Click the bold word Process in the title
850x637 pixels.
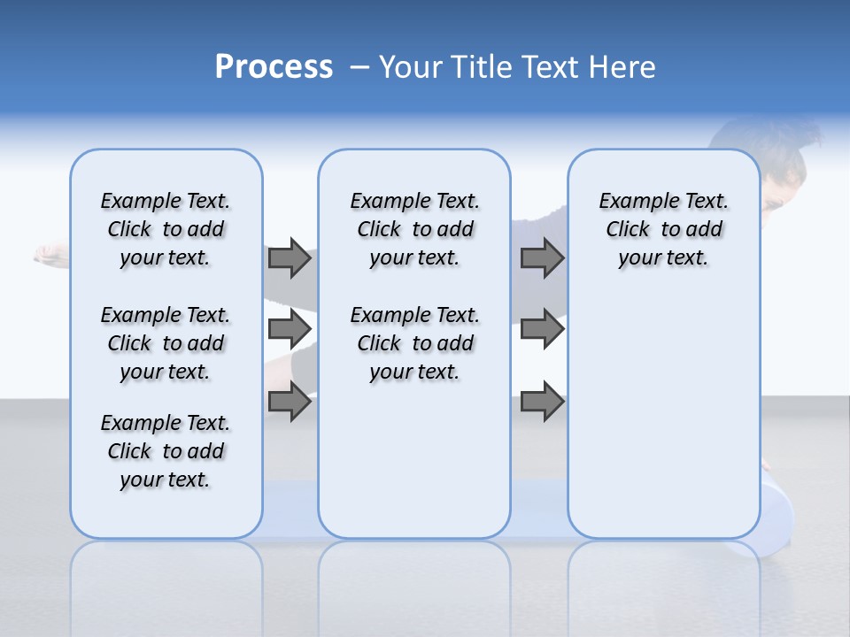click(x=274, y=67)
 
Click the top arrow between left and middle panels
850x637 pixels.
click(x=290, y=257)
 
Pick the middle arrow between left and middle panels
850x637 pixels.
click(x=290, y=329)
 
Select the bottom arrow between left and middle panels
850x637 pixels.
click(x=290, y=402)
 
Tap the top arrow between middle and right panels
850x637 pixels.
click(x=542, y=257)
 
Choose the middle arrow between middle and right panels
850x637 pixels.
click(x=542, y=329)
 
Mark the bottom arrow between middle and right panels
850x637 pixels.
click(x=542, y=402)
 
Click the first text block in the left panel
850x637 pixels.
click(x=166, y=229)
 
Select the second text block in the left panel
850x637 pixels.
click(x=166, y=343)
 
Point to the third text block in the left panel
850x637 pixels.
click(x=166, y=451)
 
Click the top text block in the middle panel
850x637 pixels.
click(x=414, y=229)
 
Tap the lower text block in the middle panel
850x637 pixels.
click(x=414, y=343)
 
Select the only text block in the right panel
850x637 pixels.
click(x=663, y=229)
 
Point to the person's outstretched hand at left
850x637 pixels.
click(x=50, y=255)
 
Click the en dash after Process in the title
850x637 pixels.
click(x=359, y=68)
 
